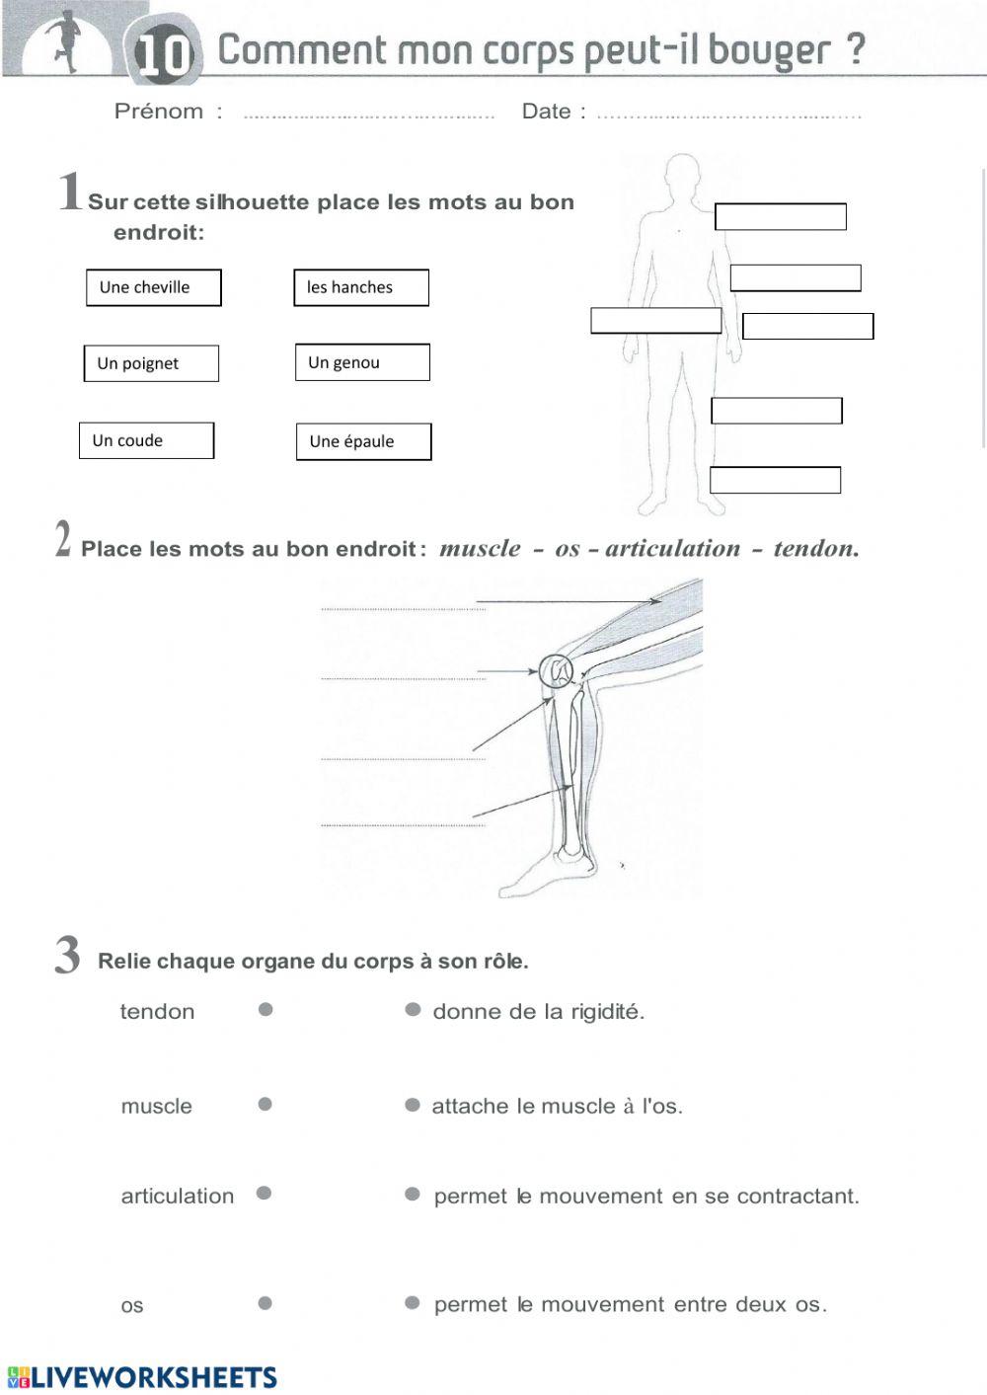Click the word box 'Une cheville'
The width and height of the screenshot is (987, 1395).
(x=153, y=287)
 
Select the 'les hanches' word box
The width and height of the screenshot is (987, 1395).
(x=361, y=287)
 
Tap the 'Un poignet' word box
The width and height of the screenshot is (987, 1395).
(x=151, y=363)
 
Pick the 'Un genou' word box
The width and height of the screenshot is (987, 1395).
(x=362, y=362)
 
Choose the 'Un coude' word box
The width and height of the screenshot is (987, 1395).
(x=146, y=440)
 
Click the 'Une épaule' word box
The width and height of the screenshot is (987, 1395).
(x=363, y=441)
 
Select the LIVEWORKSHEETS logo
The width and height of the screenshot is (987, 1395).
(x=142, y=1377)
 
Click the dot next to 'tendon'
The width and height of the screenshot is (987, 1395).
(x=266, y=1009)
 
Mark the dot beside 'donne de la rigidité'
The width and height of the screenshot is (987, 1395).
(x=413, y=1009)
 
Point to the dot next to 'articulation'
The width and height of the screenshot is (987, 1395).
(x=264, y=1193)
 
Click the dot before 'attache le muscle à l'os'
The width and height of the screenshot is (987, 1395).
(x=413, y=1105)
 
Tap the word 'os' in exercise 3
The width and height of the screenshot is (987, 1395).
(x=132, y=1305)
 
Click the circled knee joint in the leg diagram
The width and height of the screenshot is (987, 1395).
(x=558, y=672)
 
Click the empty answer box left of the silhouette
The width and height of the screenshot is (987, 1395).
(x=656, y=321)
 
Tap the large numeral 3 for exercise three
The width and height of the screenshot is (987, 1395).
(x=67, y=955)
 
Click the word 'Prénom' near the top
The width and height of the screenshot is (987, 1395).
(x=159, y=112)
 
